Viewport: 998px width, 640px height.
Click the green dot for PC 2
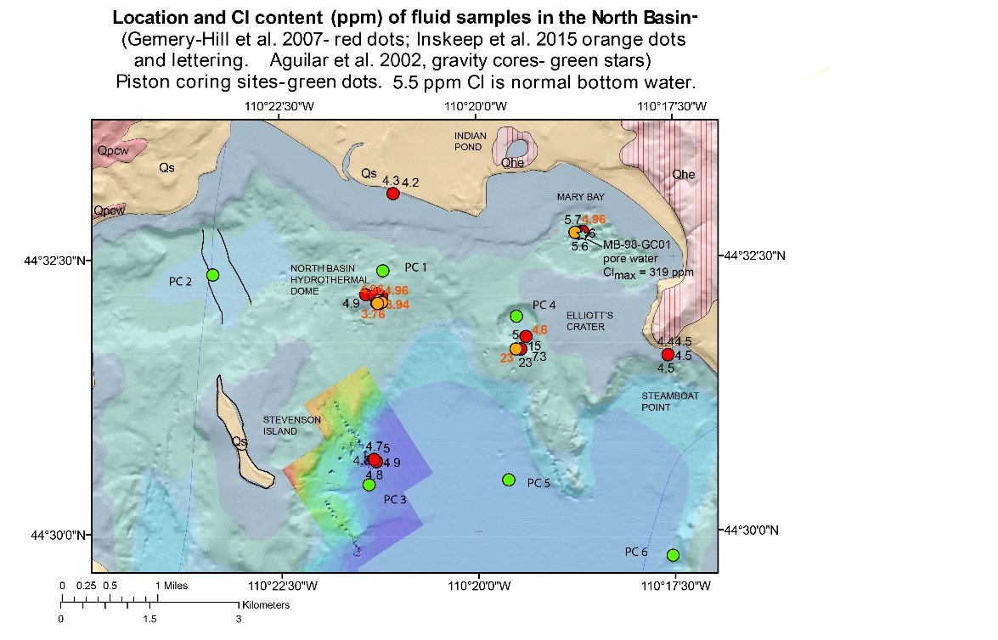coord(212,274)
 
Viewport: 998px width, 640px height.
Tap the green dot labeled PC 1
coord(382,270)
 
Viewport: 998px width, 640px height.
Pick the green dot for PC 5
coord(508,480)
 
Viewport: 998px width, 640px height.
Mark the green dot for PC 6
coord(673,555)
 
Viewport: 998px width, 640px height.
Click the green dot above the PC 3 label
coord(369,485)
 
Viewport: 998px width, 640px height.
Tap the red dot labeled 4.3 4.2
coord(392,194)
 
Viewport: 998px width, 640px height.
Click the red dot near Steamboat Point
coord(668,354)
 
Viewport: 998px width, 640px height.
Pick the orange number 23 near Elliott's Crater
coord(505,358)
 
